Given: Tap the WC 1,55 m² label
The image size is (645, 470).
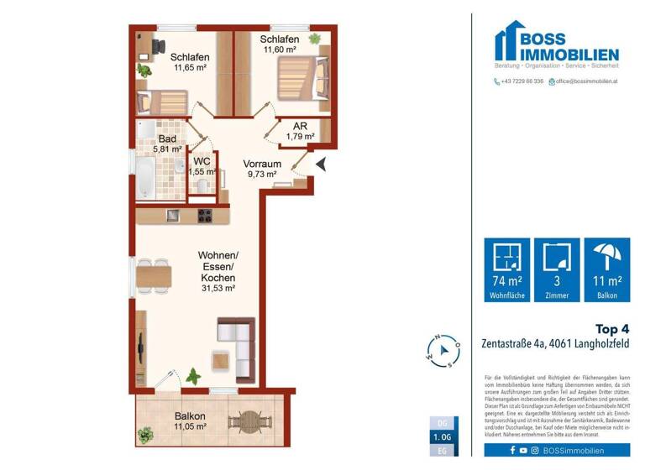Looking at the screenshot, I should coord(202,166).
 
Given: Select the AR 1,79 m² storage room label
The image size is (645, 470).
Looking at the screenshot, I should coord(300,131).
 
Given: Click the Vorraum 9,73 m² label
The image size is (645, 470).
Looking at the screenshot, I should coord(261,169).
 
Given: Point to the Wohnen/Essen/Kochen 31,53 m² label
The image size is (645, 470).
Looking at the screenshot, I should coord(218,271).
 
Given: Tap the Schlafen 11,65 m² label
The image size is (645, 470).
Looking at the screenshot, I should coord(191,62).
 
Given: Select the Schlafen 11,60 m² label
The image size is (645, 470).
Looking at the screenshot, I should coord(280,45).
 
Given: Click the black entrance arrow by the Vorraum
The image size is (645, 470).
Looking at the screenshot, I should coord(320,165).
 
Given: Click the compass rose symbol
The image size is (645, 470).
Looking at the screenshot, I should coord(443,350).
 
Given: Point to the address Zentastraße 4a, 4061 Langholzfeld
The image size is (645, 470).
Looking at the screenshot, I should coord(555,344).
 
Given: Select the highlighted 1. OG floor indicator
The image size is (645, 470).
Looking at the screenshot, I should coord(443,437).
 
